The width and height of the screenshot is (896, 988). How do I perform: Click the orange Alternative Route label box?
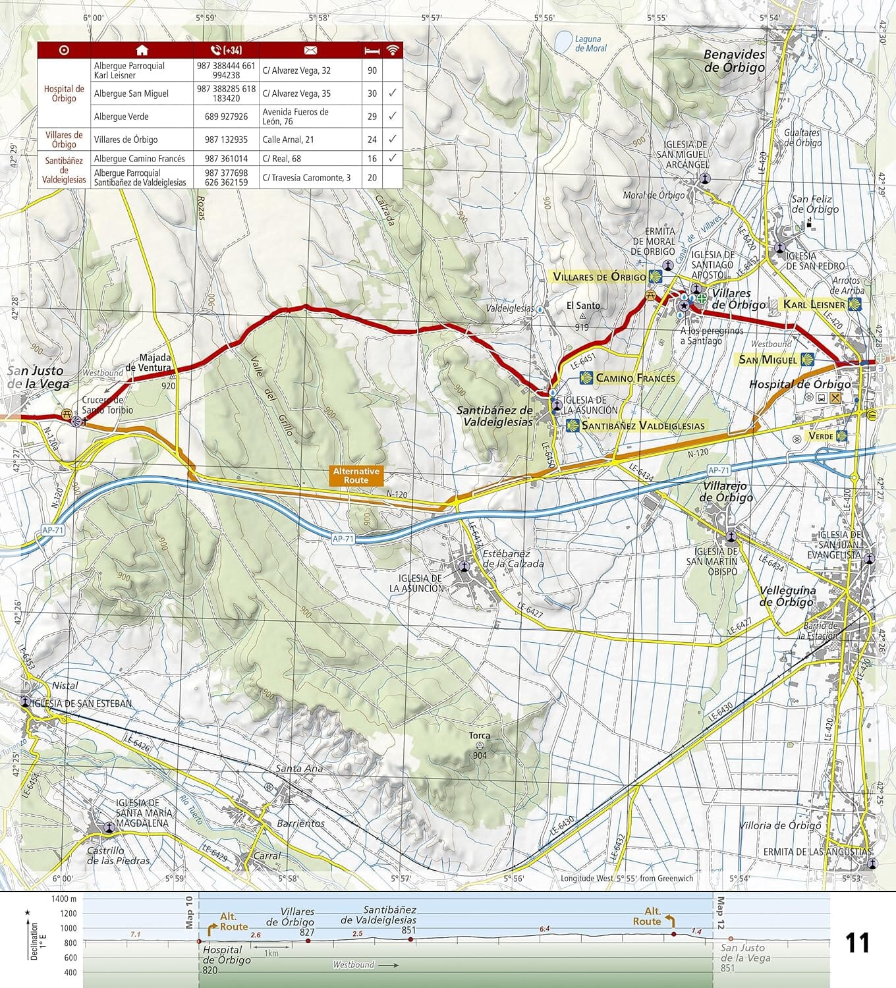(356, 476)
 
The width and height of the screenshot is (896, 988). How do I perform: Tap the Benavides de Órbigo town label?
(734, 61)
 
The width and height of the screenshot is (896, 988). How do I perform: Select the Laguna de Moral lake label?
(590, 43)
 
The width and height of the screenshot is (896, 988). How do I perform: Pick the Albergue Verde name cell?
(121, 117)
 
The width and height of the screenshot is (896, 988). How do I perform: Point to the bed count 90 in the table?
(372, 70)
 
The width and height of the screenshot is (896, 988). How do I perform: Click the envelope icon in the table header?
(310, 50)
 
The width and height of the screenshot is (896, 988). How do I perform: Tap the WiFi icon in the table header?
(393, 50)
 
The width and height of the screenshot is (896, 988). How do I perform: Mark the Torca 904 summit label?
(480, 745)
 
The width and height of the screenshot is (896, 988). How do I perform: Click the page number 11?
(857, 943)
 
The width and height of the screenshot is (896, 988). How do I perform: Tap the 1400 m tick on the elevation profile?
(65, 898)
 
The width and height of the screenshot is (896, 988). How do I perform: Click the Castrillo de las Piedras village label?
(118, 856)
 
